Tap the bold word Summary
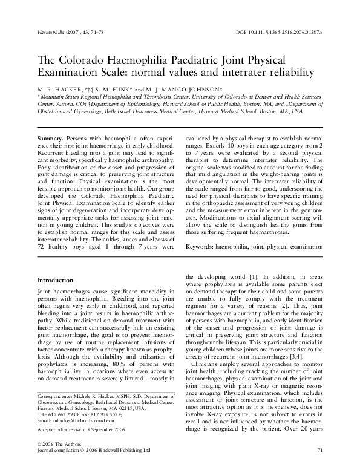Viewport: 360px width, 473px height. coord(51,139)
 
